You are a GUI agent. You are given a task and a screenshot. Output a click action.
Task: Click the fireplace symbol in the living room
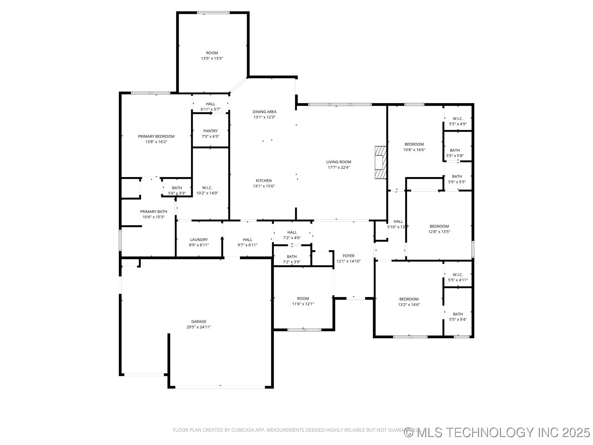[x=381, y=162]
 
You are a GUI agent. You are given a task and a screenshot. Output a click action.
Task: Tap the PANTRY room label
[x=210, y=131]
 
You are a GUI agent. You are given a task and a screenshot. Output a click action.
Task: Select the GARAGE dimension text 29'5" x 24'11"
[x=199, y=327]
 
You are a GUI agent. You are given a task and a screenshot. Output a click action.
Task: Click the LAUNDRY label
[x=199, y=239]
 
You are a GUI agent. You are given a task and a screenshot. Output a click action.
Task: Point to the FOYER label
[x=348, y=256]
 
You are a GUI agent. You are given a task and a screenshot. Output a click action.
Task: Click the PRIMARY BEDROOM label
[x=156, y=136]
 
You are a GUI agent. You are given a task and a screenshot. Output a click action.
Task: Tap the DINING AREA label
[x=264, y=112]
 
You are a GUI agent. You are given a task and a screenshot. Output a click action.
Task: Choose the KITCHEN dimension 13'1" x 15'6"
[x=264, y=186]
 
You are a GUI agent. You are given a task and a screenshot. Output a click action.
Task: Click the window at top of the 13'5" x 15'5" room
[x=213, y=13]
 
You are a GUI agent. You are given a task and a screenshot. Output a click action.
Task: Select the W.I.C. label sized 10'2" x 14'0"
[x=207, y=188]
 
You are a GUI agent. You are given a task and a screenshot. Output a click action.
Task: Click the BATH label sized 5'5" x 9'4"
[x=458, y=314]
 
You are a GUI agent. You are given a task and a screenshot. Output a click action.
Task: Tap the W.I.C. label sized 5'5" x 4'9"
[x=458, y=119]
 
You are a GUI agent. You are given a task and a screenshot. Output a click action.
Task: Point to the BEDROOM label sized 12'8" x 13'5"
[x=439, y=226]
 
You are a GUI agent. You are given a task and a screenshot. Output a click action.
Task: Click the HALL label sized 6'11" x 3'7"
[x=210, y=104]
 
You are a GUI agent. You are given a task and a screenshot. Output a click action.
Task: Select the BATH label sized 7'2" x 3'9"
[x=292, y=256]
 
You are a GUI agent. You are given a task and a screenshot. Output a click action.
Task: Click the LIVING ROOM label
[x=339, y=162]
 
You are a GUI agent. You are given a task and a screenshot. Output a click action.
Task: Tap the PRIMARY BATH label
[x=154, y=212]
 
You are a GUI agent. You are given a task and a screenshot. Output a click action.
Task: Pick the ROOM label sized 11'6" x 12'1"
[x=303, y=299]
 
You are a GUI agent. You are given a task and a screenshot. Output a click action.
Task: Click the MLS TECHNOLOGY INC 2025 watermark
[x=497, y=432]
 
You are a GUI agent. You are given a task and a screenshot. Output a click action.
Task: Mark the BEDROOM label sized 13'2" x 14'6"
[x=409, y=299]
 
